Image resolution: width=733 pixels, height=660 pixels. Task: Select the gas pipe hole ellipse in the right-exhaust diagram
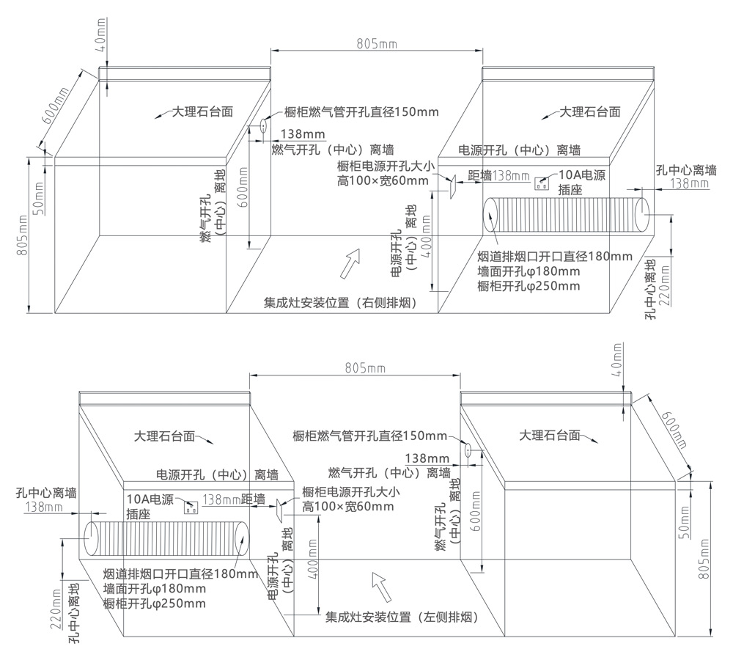(261, 127)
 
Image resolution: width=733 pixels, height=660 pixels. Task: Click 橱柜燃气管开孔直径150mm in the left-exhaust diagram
(369, 436)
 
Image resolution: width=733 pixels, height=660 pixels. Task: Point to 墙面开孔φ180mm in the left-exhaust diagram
(155, 588)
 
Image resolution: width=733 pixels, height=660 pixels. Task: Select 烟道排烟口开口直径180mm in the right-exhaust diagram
(554, 256)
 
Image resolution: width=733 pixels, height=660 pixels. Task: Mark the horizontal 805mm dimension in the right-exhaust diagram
(376, 44)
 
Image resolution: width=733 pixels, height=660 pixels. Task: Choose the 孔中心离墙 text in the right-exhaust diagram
(686, 170)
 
